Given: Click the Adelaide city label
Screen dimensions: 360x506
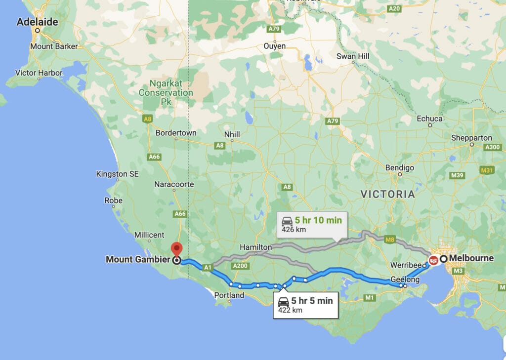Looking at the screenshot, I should pos(37,22).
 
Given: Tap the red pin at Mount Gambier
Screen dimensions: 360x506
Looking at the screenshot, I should pos(176,248).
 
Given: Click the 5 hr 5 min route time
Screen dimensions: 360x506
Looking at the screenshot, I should pos(312,301).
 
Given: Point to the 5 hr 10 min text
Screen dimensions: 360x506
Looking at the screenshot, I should pos(318,220).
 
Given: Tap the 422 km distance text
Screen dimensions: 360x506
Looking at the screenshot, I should pos(290,310).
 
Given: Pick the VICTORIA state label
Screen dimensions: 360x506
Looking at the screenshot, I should pos(388,195).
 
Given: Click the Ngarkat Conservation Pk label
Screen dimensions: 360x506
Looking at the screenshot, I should pos(166,92).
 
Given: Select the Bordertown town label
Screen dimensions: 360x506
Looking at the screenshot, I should pos(176,133).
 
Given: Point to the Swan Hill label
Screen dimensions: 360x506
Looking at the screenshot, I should pos(353,57).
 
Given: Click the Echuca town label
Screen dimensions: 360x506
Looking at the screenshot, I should pos(429,119).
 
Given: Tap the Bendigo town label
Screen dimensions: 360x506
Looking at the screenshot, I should pos(399,168).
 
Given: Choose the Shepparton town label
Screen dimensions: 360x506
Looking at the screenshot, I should pos(471,138).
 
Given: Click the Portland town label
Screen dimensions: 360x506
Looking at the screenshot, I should pos(229,295).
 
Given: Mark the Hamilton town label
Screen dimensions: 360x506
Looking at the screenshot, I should pos(255,247).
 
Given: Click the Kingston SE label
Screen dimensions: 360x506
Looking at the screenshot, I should pos(118,174).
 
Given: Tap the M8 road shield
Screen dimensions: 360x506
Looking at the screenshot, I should pos(390,240).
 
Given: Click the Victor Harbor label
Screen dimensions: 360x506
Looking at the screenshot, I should pos(39,73).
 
